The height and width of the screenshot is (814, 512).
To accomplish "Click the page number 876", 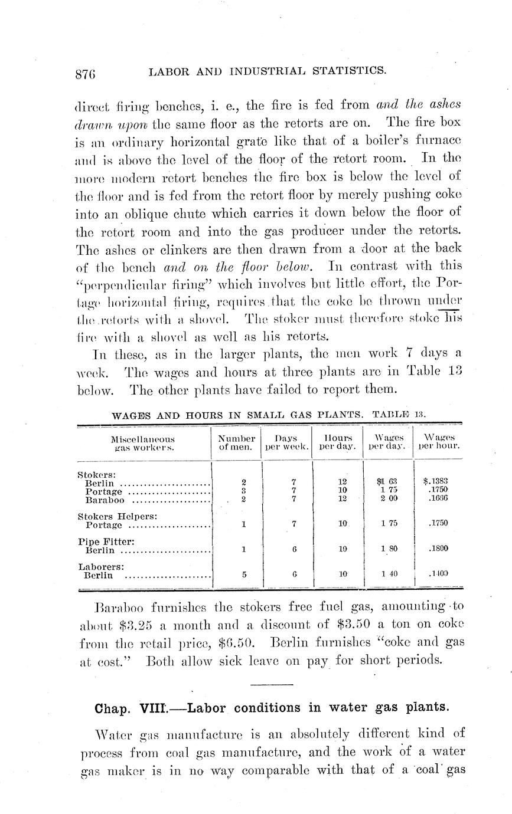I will pos(86,74).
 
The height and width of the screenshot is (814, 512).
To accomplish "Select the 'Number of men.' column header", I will pos(236,442).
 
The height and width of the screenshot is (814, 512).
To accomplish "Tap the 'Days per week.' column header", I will pos(287,442).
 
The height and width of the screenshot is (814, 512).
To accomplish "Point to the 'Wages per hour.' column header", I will pos(438,442).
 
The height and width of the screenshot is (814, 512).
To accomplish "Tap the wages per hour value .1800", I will pos(438,548).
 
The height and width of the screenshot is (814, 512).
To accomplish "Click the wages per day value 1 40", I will pos(389,573).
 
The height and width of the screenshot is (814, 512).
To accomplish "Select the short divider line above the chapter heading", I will pos(272,684).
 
